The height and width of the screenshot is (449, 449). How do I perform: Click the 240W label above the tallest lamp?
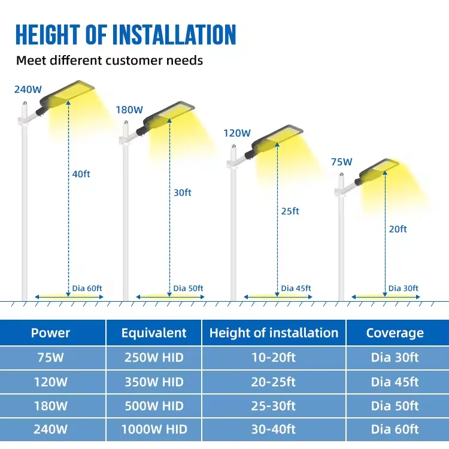pyautogui.click(x=28, y=90)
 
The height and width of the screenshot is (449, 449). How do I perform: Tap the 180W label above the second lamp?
pyautogui.click(x=129, y=110)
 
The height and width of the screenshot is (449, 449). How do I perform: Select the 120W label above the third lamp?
pyautogui.click(x=237, y=133)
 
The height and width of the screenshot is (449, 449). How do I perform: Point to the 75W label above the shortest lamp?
pyautogui.click(x=341, y=162)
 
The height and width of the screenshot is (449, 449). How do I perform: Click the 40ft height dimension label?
pyautogui.click(x=81, y=174)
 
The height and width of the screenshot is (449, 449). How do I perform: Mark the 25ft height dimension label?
pyautogui.click(x=290, y=211)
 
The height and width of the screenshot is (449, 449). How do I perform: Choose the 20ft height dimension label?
pyautogui.click(x=398, y=229)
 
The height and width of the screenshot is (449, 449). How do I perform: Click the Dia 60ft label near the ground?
pyautogui.click(x=87, y=289)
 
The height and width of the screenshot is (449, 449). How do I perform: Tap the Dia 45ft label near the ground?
pyautogui.click(x=296, y=289)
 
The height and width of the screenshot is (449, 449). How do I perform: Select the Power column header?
pyautogui.click(x=50, y=333)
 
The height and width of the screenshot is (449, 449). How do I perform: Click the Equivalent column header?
pyautogui.click(x=154, y=333)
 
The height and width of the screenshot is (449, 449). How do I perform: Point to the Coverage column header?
pyautogui.click(x=395, y=333)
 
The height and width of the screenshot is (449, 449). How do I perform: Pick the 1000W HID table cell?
pyautogui.click(x=154, y=429)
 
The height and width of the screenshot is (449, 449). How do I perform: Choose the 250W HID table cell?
pyautogui.click(x=154, y=358)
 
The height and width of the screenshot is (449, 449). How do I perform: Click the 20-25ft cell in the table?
pyautogui.click(x=274, y=382)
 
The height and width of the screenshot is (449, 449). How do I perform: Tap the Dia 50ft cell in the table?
pyautogui.click(x=395, y=405)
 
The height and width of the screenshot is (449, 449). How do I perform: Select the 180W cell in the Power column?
pyautogui.click(x=50, y=405)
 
